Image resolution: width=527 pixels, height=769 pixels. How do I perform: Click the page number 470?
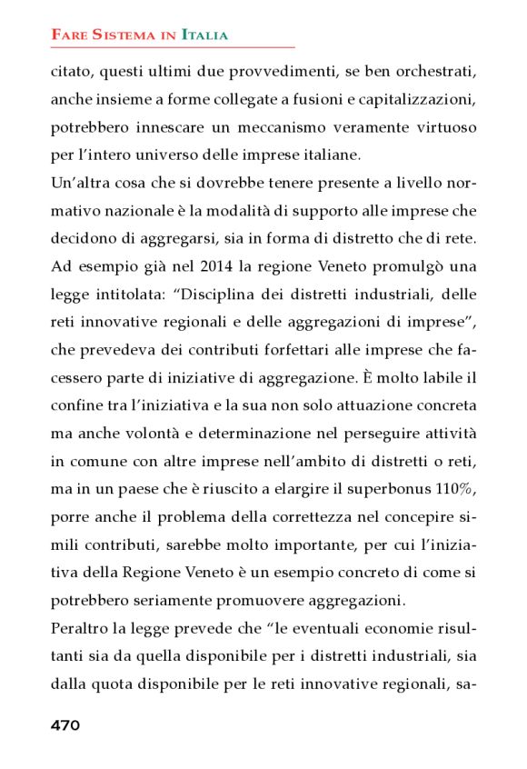[65, 725]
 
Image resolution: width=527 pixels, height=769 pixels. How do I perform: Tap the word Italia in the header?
[204, 35]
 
